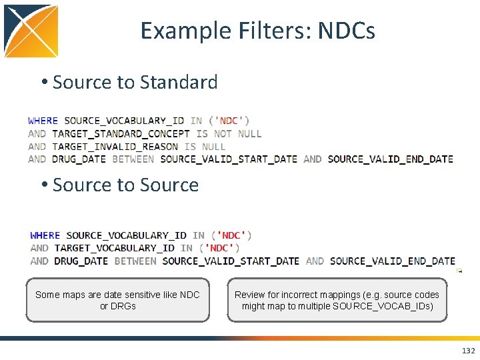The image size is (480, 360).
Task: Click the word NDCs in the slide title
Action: point(347,31)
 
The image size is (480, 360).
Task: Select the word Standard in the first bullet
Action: point(178,82)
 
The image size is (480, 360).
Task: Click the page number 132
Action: point(468,351)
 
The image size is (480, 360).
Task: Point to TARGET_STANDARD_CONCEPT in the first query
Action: point(121,133)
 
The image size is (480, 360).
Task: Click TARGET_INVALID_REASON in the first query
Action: point(115,146)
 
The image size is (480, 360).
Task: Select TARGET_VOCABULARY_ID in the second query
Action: point(114,248)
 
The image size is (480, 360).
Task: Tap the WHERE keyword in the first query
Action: point(43,121)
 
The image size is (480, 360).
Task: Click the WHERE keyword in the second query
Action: point(45,235)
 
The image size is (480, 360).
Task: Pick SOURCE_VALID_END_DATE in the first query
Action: point(391,159)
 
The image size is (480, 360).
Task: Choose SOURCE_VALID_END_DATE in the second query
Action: point(393,261)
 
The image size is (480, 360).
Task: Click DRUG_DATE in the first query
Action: point(79,159)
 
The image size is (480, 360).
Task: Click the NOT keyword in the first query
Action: point(223,133)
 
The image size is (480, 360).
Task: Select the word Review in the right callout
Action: point(249,295)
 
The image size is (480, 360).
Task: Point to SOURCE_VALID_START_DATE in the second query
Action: point(231,261)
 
